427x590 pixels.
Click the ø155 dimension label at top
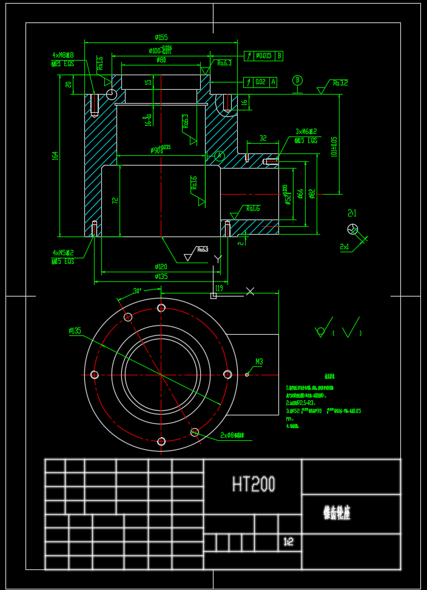point(161,38)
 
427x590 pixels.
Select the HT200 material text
point(254,484)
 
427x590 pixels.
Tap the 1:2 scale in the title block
point(288,542)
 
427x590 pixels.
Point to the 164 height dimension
point(55,156)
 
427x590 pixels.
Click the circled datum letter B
point(297,80)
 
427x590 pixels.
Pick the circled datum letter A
point(220,156)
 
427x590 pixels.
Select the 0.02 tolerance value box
point(260,82)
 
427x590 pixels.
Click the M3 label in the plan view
point(259,362)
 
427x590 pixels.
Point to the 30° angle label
point(137,291)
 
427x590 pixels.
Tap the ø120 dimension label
point(161,266)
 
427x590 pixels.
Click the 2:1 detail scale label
point(352,213)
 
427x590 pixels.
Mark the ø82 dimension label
point(312,193)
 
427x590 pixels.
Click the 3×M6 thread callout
point(306,132)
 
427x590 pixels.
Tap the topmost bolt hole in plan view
point(161,308)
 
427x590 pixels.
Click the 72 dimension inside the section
point(115,200)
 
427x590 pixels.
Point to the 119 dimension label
point(219,288)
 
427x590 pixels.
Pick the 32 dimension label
point(263,138)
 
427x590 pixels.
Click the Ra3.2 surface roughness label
point(340,82)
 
